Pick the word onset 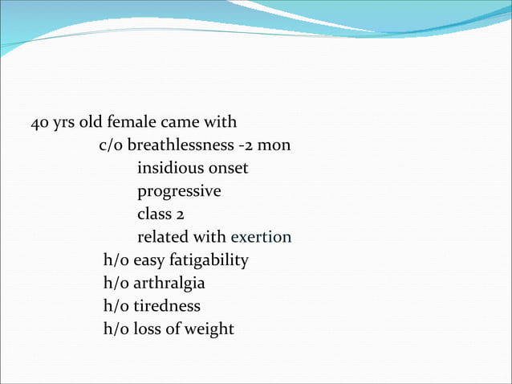pyautogui.click(x=228, y=170)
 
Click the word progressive pyautogui.click(x=179, y=193)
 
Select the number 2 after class pyautogui.click(x=182, y=215)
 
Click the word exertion pyautogui.click(x=261, y=238)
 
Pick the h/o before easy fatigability pyautogui.click(x=116, y=260)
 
